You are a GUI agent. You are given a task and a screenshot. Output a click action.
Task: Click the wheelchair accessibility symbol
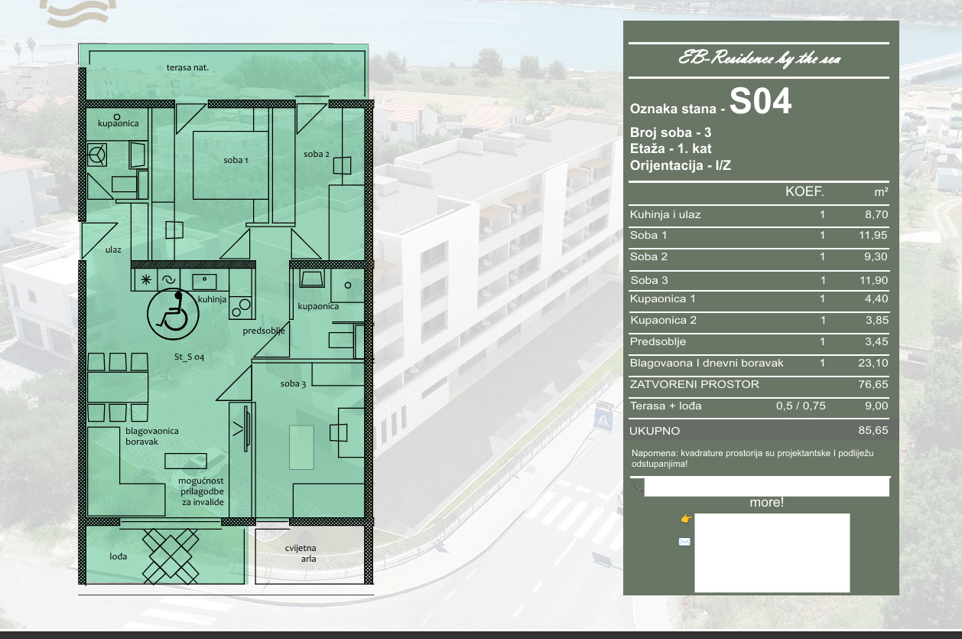pyautogui.click(x=173, y=314)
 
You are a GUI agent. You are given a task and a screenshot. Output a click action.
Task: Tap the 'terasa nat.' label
pyautogui.click(x=187, y=67)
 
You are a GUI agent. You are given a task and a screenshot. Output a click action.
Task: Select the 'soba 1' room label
pyautogui.click(x=236, y=160)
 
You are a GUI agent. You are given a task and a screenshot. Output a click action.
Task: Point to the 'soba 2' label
pyautogui.click(x=317, y=154)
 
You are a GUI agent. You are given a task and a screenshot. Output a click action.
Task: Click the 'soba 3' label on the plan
pyautogui.click(x=294, y=383)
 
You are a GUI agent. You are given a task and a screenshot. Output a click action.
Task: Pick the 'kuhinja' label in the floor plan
pyautogui.click(x=212, y=299)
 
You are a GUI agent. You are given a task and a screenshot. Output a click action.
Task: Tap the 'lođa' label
pyautogui.click(x=118, y=556)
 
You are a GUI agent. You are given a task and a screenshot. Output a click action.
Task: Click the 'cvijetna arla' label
pyautogui.click(x=301, y=553)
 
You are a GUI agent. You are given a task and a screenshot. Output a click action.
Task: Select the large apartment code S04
pyautogui.click(x=760, y=102)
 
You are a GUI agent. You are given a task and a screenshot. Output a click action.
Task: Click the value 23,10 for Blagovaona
pyautogui.click(x=873, y=363)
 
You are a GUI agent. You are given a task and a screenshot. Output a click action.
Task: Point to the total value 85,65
pyautogui.click(x=873, y=430)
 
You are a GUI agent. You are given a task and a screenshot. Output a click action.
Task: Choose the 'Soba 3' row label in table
pyautogui.click(x=649, y=280)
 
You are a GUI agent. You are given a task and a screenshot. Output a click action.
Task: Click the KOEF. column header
pyautogui.click(x=804, y=191)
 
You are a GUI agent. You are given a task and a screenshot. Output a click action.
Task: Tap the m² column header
pyautogui.click(x=881, y=191)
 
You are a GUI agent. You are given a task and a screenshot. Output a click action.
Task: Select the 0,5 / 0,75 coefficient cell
pyautogui.click(x=801, y=406)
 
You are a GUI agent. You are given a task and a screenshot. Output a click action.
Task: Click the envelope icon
pyautogui.click(x=684, y=542)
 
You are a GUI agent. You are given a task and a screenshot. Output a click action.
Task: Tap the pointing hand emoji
pyautogui.click(x=686, y=519)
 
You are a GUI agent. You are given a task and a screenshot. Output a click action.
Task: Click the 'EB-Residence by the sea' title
pyautogui.click(x=759, y=59)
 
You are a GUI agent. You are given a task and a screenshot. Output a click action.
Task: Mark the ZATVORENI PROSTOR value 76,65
pyautogui.click(x=873, y=384)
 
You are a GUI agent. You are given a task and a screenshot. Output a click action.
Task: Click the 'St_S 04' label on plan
pyautogui.click(x=189, y=357)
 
